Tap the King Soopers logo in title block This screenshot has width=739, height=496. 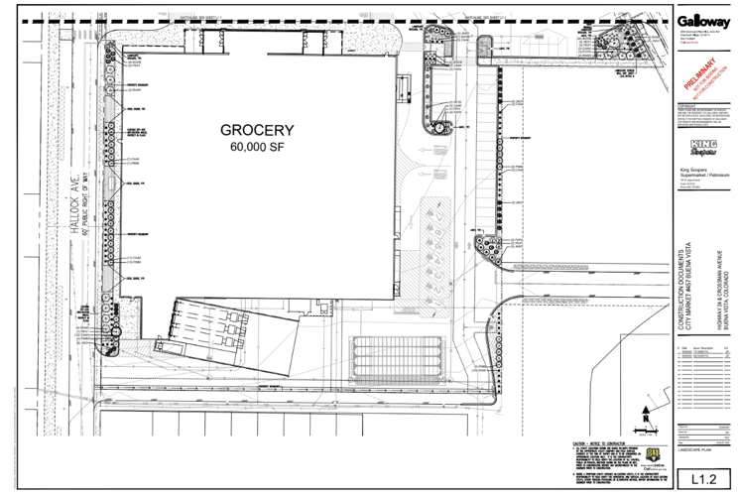click(x=701, y=149)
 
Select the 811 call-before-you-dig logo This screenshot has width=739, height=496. click(x=653, y=454)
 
